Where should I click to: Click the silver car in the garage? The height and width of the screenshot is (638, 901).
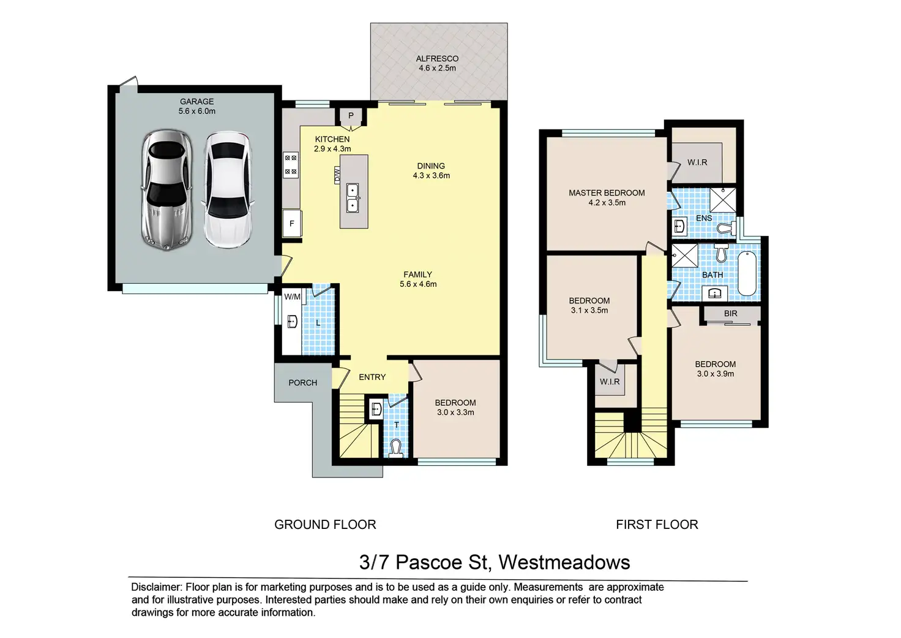166,190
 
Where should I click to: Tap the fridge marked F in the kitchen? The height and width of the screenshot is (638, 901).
291,223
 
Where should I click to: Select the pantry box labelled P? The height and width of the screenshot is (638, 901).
351,116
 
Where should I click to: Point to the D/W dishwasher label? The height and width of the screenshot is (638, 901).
337,175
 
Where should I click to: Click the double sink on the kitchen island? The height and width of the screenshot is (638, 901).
353,198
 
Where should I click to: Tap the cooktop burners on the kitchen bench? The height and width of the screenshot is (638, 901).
291,165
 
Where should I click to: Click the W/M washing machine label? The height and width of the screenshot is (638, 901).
293,297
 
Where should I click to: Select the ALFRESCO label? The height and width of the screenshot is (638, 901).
437,59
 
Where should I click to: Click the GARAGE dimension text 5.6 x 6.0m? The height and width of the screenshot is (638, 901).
196,111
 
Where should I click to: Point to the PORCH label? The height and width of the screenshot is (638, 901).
303,382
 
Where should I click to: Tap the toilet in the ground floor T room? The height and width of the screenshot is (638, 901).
396,448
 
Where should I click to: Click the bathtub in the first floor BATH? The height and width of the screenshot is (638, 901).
747,273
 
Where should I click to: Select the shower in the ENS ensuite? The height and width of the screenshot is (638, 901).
723,200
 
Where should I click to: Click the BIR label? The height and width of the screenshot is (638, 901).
730,313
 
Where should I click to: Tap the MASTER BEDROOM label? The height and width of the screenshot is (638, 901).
607,193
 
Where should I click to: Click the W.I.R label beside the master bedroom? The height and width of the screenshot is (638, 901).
697,162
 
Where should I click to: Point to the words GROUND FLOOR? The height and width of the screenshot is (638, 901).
325,525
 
